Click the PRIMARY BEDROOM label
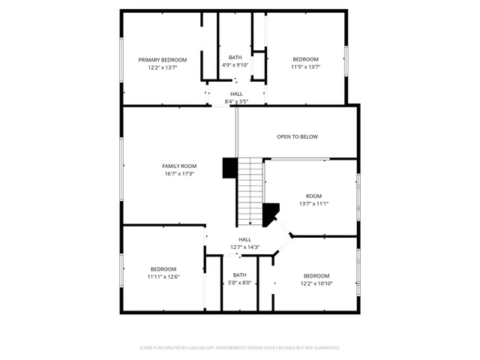pos(162,59)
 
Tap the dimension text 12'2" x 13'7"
pos(162,67)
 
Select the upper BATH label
pos(235,57)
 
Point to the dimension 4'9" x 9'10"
pos(235,65)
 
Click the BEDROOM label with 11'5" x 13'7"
pos(305,59)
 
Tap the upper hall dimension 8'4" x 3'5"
pos(236,101)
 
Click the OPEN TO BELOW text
pos(298,136)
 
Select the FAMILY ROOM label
pos(179,166)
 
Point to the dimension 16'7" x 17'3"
pos(179,174)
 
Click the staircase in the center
pos(251,191)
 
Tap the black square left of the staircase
pos(229,168)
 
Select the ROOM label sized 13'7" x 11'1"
pos(313,196)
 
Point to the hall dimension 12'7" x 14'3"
pos(244,247)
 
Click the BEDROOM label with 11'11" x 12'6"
pos(163,268)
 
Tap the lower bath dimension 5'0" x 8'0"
pos(239,283)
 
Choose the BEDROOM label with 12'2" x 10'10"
pos(316,275)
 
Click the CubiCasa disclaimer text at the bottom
pos(240,348)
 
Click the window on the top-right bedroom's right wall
pos(346,60)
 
